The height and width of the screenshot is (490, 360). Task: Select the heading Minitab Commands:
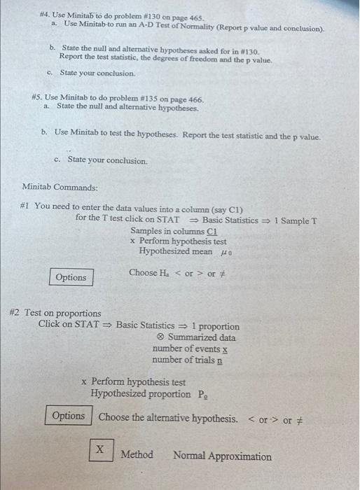60,188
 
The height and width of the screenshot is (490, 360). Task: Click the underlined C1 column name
213,231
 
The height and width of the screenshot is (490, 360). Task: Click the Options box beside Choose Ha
71,277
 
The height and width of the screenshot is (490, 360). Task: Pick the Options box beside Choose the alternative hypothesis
68,416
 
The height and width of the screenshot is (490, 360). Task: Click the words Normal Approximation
222,456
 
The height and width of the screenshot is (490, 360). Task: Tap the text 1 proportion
215,326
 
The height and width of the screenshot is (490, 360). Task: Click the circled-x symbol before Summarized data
160,337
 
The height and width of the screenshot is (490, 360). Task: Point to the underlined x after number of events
225,349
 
